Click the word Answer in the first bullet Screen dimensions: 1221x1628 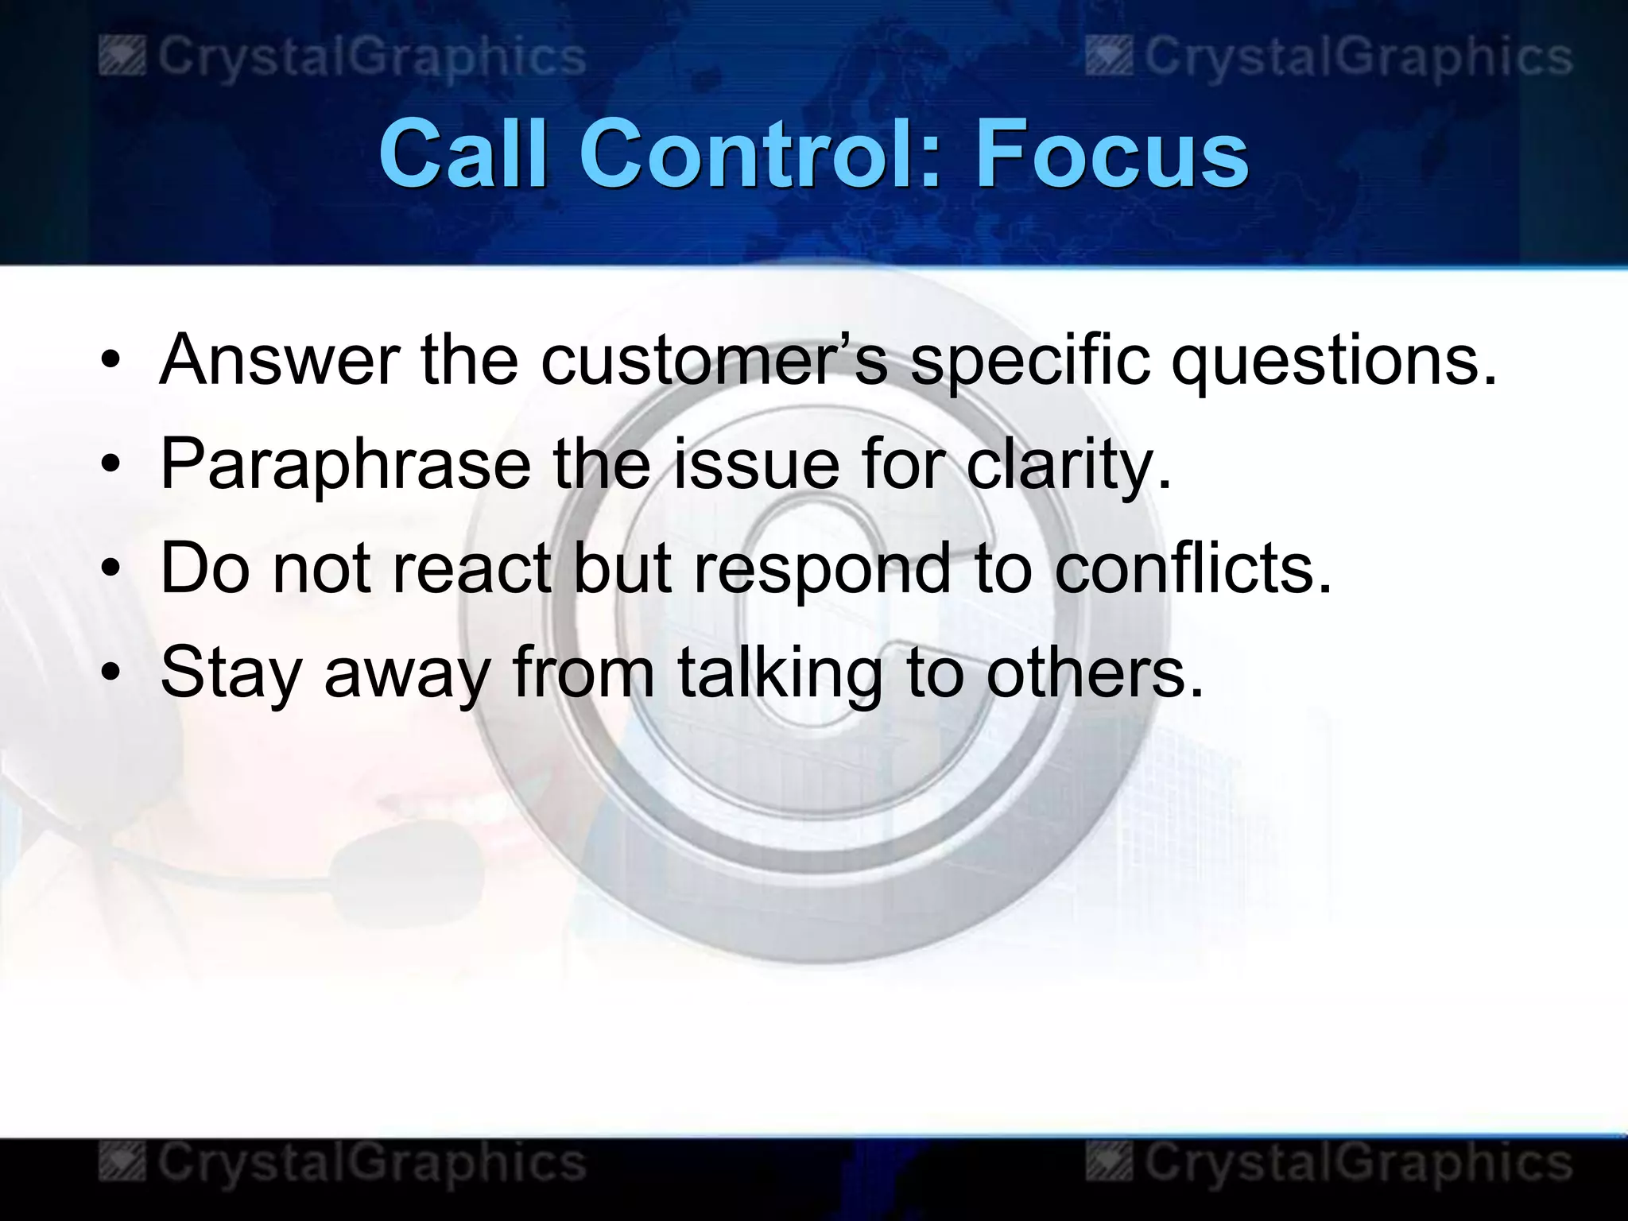click(278, 359)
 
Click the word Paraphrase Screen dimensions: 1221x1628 click(345, 465)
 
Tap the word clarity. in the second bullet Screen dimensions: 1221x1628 click(1068, 465)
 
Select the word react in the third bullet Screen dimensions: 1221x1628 click(471, 568)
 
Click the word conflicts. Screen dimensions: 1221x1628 click(1192, 568)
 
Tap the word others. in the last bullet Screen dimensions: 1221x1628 click(1095, 673)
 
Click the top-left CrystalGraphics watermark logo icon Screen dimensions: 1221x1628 click(122, 58)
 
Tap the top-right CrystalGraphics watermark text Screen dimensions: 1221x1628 click(1358, 57)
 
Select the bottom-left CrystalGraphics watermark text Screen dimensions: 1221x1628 click(371, 1163)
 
